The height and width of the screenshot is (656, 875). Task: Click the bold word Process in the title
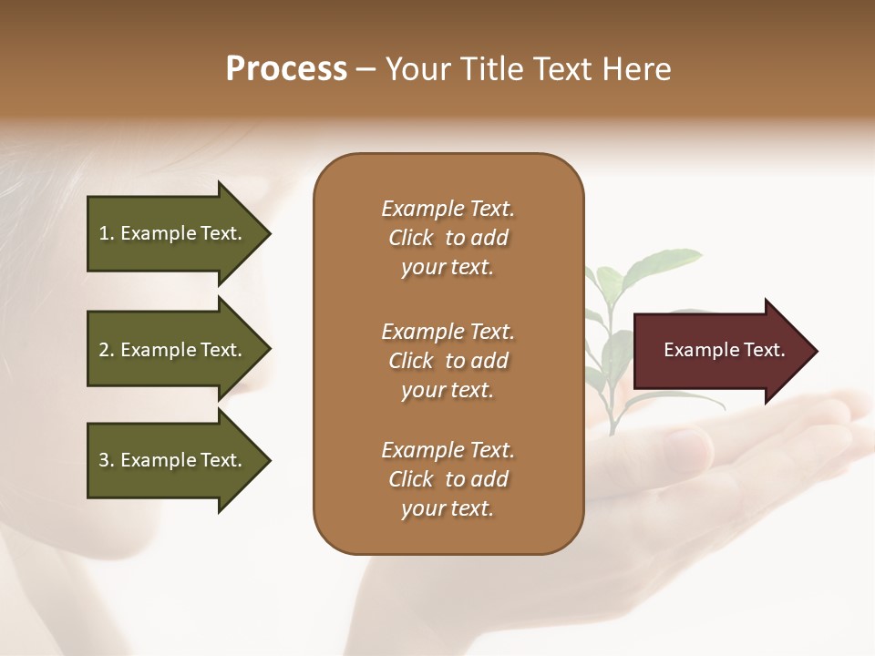286,69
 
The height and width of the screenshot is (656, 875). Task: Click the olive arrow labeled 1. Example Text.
173,233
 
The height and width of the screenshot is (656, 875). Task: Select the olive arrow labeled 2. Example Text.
173,350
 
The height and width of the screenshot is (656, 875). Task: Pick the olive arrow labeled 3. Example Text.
173,460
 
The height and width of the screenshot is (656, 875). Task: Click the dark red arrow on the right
720,351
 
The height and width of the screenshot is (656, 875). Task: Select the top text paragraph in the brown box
448,238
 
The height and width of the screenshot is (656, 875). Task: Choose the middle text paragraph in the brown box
448,361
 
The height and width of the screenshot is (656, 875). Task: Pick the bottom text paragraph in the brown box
448,479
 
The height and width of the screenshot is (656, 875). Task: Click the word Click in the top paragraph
410,238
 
